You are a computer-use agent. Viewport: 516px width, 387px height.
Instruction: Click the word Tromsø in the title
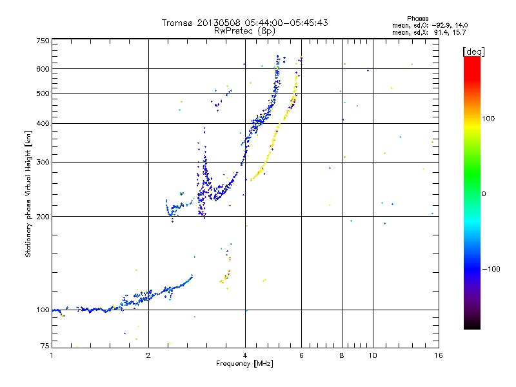pos(177,23)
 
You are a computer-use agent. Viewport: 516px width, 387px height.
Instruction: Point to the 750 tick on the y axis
pos(43,40)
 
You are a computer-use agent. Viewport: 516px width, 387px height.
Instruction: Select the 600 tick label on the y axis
pos(43,69)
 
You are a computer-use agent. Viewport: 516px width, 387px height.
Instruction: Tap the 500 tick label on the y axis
pos(43,94)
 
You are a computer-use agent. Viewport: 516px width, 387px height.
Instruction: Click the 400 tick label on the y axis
pos(43,123)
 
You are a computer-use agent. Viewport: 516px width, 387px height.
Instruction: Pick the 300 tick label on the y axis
pos(43,162)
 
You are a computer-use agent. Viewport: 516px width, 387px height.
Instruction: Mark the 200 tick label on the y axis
pos(43,216)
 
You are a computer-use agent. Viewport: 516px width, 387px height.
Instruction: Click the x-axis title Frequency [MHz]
pos(245,364)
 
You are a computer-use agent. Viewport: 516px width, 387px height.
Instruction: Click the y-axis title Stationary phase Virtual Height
pos(28,193)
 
